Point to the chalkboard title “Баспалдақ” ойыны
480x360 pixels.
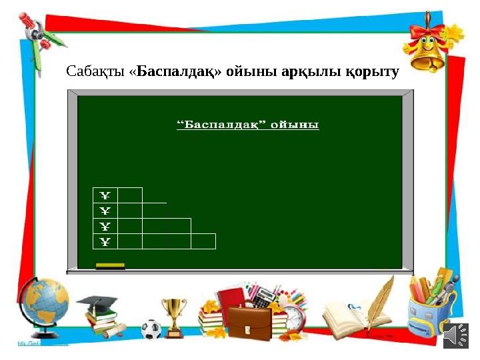tap(247, 125)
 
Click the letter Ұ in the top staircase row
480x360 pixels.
tap(105, 195)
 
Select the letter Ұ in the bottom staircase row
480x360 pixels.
tap(105, 241)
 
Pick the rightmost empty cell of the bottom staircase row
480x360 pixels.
tap(203, 241)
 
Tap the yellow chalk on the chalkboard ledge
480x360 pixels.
tap(110, 266)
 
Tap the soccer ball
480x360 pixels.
tap(151, 328)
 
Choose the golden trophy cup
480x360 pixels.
tap(175, 314)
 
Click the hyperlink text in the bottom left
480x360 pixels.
tap(41, 343)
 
